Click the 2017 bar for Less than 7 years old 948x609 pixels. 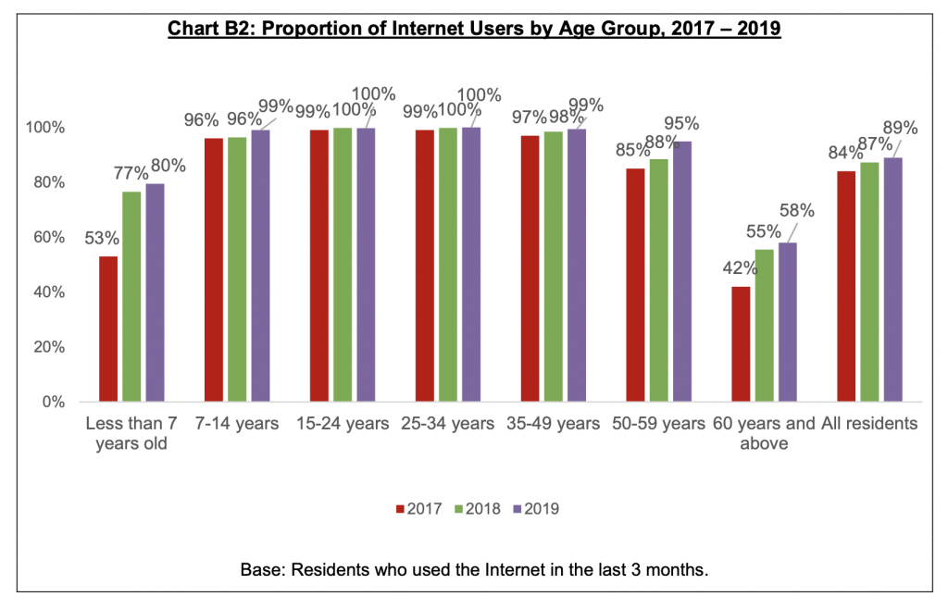pos(108,329)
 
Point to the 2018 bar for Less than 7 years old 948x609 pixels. pos(131,296)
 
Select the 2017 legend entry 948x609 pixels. pos(416,508)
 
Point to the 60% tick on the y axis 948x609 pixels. pos(51,237)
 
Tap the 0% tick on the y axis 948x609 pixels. pos(55,403)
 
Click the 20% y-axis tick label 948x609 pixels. pos(51,347)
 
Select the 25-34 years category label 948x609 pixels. pos(448,424)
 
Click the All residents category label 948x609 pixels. pos(875,424)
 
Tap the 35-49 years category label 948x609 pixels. pos(554,424)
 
